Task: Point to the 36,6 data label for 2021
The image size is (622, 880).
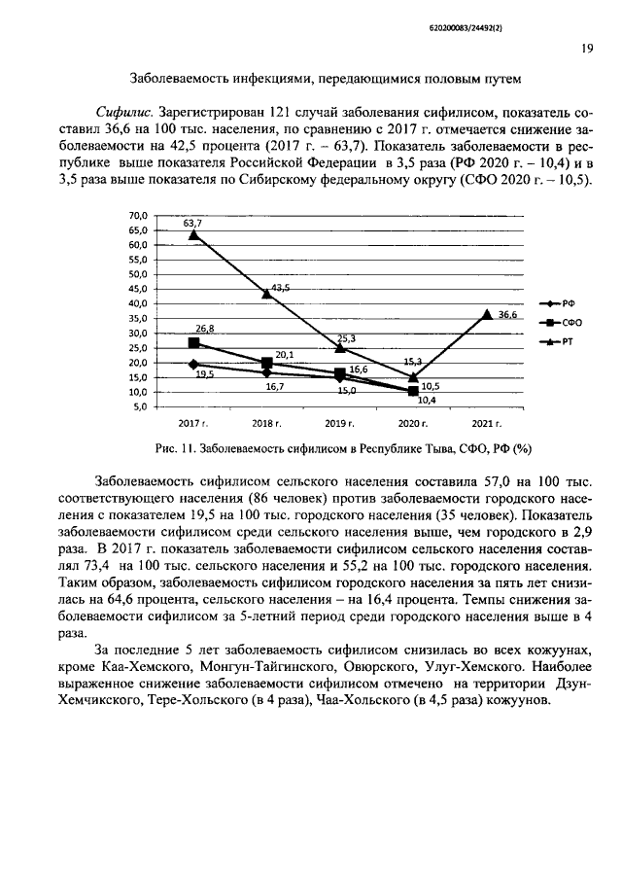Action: coord(507,315)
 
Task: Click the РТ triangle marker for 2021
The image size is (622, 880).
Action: coord(487,313)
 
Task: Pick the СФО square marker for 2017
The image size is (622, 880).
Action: coord(194,343)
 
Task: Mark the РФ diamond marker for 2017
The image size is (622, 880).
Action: coord(194,365)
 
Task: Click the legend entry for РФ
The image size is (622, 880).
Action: coord(557,303)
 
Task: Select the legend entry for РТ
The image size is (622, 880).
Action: coord(557,341)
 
